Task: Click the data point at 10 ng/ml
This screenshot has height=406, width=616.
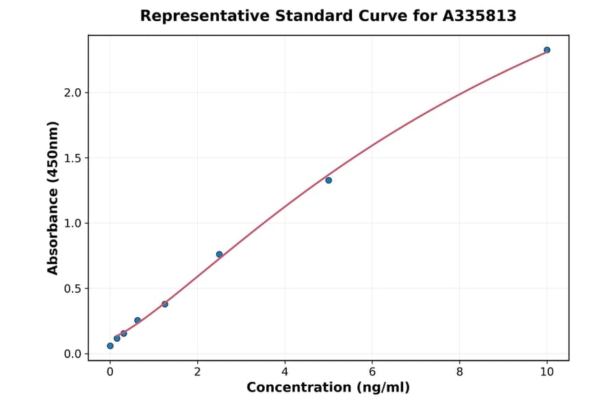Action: (547, 50)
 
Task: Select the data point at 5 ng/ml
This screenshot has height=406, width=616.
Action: (329, 180)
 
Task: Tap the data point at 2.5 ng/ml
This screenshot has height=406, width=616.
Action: (219, 254)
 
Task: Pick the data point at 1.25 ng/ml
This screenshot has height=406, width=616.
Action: (165, 304)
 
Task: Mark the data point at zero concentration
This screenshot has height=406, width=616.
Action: (110, 346)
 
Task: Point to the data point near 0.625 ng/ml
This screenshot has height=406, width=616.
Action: (138, 321)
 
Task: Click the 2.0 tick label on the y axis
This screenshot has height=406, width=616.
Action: (73, 93)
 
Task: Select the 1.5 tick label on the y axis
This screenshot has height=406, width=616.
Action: (73, 158)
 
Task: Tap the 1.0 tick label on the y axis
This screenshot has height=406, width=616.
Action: (73, 224)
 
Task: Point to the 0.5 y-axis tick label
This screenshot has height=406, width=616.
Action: (73, 288)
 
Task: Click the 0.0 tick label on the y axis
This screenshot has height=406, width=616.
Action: (73, 354)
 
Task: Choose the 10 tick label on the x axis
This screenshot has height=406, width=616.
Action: (547, 371)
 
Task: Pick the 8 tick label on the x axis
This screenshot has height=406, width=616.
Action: (459, 371)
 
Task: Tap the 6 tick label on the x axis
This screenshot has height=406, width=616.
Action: (372, 371)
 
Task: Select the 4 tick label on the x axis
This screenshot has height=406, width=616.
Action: (285, 371)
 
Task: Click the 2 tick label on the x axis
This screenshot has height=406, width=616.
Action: (198, 371)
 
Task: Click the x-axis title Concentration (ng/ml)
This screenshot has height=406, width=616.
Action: (328, 388)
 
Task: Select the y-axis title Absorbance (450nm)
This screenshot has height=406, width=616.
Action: (53, 198)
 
